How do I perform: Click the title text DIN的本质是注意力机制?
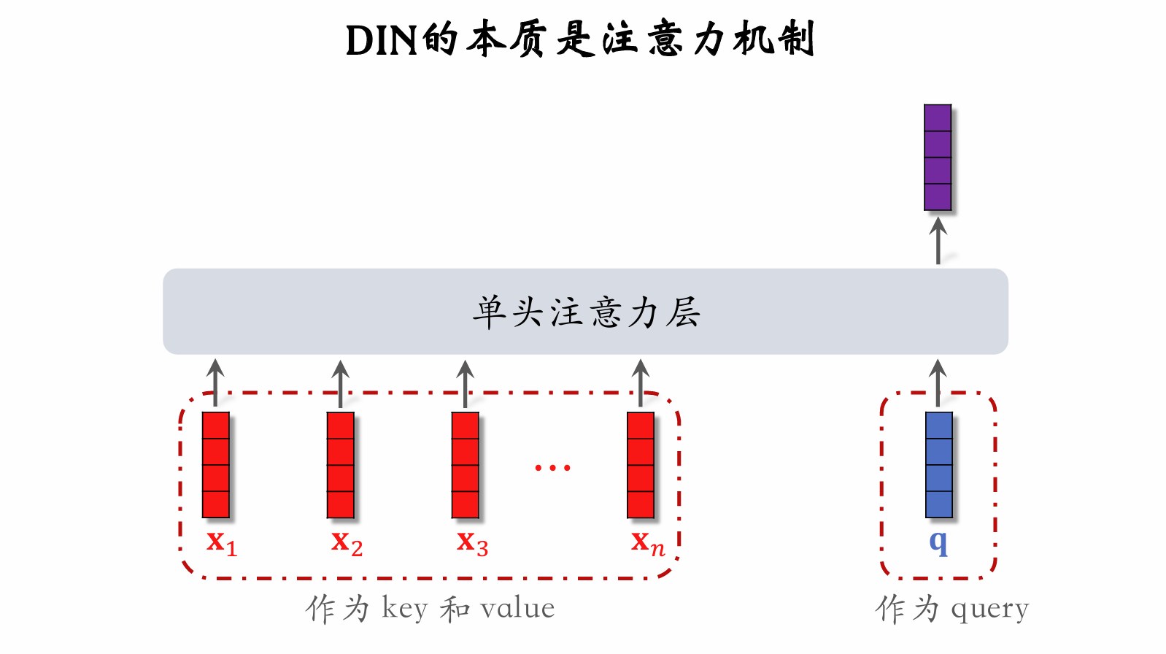[x=579, y=39]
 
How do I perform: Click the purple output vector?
[x=938, y=158]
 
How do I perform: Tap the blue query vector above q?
[x=938, y=465]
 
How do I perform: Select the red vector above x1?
[x=216, y=465]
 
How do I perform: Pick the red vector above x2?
[x=341, y=465]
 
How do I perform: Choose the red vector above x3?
[x=466, y=465]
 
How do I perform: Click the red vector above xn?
[x=641, y=465]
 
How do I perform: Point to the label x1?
[x=221, y=543]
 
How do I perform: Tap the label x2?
[x=347, y=543]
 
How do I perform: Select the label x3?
[x=472, y=543]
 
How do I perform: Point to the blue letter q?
[x=938, y=542]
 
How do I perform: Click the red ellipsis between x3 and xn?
[x=552, y=467]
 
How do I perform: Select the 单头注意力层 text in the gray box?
[x=585, y=312]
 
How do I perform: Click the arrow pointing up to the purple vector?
[x=938, y=241]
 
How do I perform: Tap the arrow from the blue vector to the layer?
[x=938, y=382]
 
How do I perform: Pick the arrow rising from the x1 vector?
[x=215, y=382]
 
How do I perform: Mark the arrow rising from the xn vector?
[x=641, y=382]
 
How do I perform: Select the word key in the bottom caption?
[x=404, y=609]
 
